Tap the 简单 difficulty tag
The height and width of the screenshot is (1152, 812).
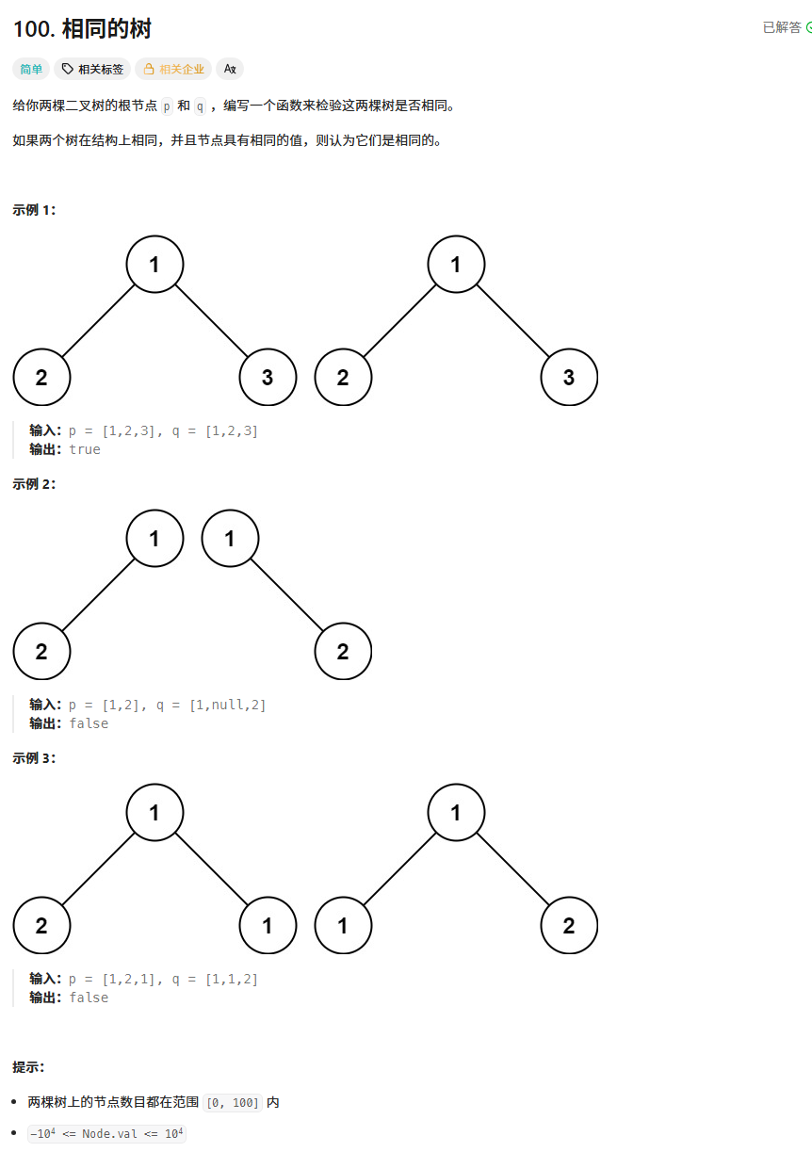(31, 69)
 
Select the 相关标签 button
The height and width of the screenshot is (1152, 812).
(91, 69)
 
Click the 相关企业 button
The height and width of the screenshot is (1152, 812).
(173, 69)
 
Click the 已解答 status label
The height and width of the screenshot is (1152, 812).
(782, 27)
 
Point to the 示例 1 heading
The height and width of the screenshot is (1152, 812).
(35, 210)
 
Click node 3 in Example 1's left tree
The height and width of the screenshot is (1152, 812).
(268, 378)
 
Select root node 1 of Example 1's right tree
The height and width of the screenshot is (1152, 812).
(456, 265)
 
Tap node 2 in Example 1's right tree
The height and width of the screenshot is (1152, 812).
(343, 378)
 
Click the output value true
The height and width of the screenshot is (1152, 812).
(85, 449)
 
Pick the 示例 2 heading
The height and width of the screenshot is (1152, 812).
(35, 484)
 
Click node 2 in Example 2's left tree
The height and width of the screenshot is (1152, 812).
(41, 651)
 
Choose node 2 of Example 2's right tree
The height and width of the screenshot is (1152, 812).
(343, 651)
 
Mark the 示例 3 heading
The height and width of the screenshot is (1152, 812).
(35, 758)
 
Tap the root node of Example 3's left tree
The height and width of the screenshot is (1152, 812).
(154, 812)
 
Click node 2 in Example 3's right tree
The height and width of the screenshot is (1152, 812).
(569, 925)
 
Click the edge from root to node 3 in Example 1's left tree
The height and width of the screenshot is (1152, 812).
(211, 321)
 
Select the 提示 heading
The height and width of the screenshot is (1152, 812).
(28, 1067)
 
